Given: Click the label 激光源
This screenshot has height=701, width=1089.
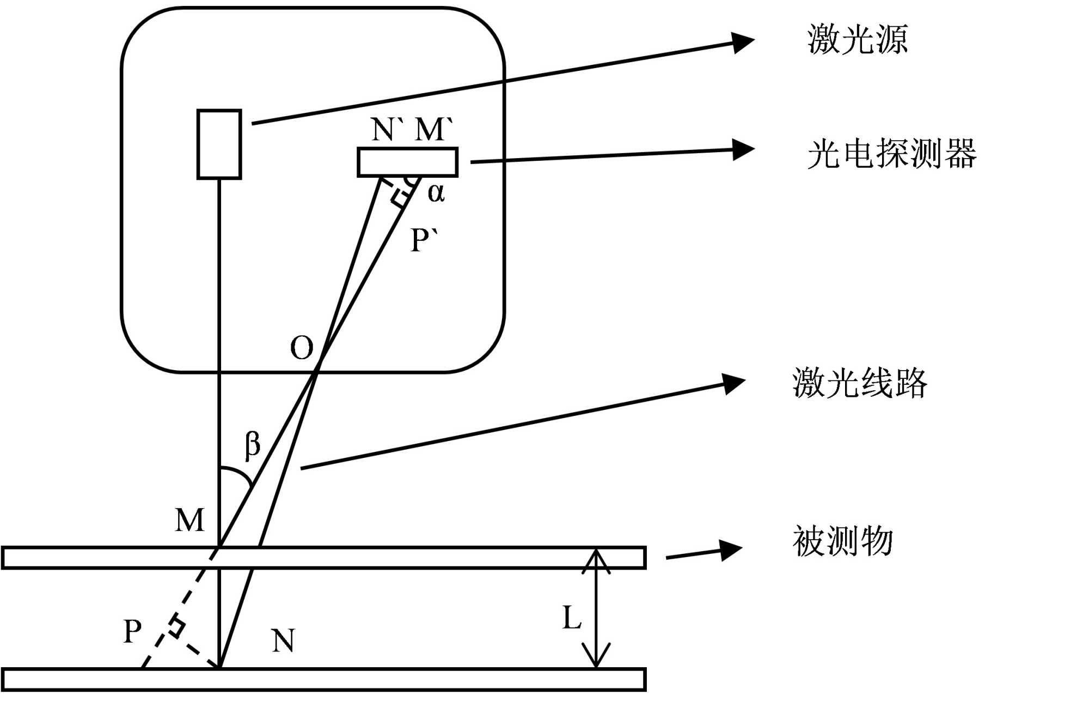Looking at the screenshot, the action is pos(858,39).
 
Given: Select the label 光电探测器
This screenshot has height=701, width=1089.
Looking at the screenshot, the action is pos(891,154).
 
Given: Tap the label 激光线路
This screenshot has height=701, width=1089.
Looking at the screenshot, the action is pos(860,383).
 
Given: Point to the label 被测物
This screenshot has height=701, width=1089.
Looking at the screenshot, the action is pos(843,541).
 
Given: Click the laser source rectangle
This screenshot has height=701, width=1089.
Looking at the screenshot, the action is pos(219,144).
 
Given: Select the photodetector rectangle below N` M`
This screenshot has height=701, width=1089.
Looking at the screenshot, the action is pos(407,162).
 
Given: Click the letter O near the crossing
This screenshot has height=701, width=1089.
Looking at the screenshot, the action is pos(302,348).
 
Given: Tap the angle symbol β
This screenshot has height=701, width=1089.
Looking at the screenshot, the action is pos(252,445).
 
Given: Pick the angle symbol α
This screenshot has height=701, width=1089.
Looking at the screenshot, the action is pos(436,192).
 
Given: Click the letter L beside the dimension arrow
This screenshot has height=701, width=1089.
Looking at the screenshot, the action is pos(572,618).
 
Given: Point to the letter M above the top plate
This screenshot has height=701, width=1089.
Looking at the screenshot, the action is pos(189,520).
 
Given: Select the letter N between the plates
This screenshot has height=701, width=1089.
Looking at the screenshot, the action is pos(283,640).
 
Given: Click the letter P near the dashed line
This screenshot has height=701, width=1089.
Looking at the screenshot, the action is pos(132,631).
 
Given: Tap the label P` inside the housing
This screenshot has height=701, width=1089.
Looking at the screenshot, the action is pos(424,240).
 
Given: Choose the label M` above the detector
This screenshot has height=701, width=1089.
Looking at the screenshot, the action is pos(434,129).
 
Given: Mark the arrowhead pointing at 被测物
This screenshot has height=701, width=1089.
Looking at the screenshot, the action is pos(731,550).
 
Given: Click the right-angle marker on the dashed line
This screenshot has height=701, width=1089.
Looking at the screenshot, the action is pos(175,627).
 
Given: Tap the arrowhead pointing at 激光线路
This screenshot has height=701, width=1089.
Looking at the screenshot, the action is pos(734,383).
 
